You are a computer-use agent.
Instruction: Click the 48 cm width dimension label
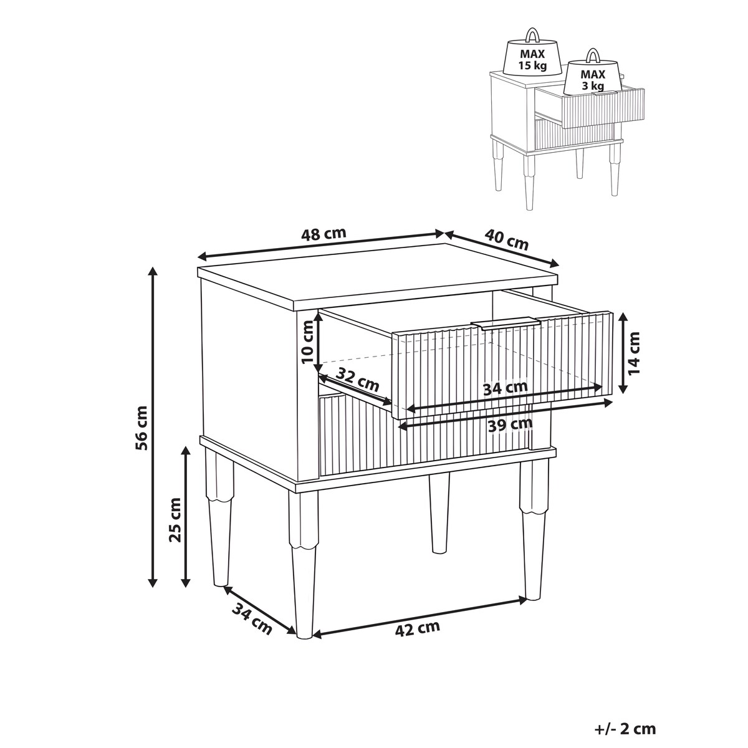(323, 234)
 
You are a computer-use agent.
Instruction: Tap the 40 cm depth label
(507, 239)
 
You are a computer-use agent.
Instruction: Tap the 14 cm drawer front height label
(633, 353)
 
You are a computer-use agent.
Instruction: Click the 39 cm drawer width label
(510, 425)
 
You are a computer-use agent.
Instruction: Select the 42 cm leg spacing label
(417, 639)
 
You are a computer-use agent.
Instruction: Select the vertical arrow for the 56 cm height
(153, 428)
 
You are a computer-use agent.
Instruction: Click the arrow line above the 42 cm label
(420, 618)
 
